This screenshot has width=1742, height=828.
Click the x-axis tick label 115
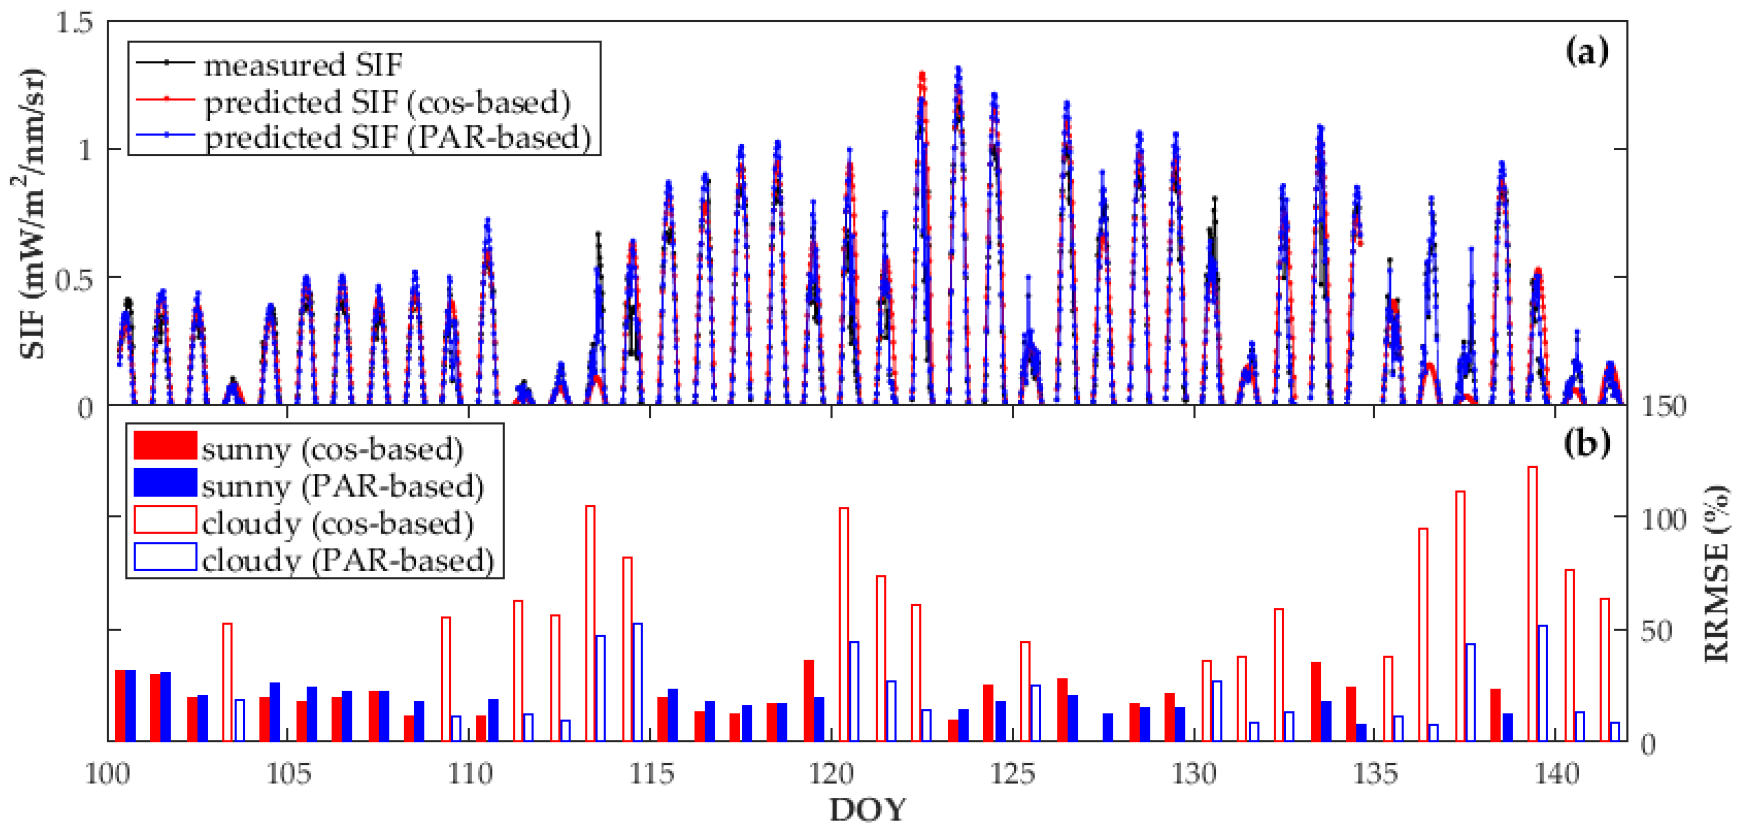[651, 773]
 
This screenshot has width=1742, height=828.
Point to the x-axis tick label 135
[1375, 773]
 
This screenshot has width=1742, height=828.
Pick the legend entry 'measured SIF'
[303, 65]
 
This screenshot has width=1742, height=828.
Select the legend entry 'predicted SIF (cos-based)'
[387, 102]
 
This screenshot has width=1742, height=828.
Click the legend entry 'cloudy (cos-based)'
[337, 523]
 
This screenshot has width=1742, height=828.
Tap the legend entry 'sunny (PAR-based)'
[342, 486]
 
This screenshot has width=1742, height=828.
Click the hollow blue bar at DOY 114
[637, 682]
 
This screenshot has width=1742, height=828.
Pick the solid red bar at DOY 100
[120, 706]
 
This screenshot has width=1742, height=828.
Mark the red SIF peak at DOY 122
[922, 75]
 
